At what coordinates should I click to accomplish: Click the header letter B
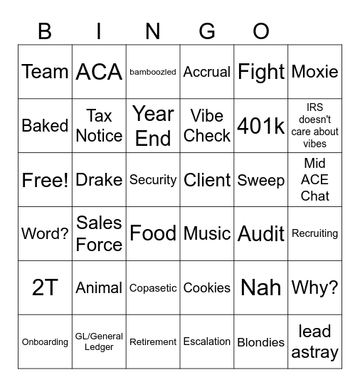click(x=45, y=31)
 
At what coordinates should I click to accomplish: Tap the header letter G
click(x=207, y=31)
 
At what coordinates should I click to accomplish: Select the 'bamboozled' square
click(x=153, y=72)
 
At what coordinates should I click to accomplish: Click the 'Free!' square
click(x=45, y=180)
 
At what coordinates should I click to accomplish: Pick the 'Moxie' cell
click(x=314, y=72)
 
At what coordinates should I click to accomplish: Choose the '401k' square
click(x=261, y=126)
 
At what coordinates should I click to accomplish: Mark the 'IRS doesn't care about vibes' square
click(x=314, y=126)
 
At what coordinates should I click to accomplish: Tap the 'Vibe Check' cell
click(x=207, y=126)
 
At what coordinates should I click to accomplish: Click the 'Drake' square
click(x=99, y=180)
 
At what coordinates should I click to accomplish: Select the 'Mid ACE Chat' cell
click(x=314, y=180)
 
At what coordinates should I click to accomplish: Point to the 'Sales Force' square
click(x=99, y=233)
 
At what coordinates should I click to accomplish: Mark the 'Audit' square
click(x=261, y=233)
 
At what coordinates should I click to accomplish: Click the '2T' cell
click(x=45, y=287)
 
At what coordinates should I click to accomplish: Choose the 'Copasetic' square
click(x=153, y=288)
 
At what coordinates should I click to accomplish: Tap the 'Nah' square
click(x=261, y=287)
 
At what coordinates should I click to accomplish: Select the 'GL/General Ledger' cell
click(x=99, y=341)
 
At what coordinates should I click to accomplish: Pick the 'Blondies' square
click(x=261, y=342)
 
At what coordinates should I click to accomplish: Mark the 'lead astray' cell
click(x=314, y=341)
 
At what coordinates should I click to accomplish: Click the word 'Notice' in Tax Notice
click(x=99, y=135)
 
